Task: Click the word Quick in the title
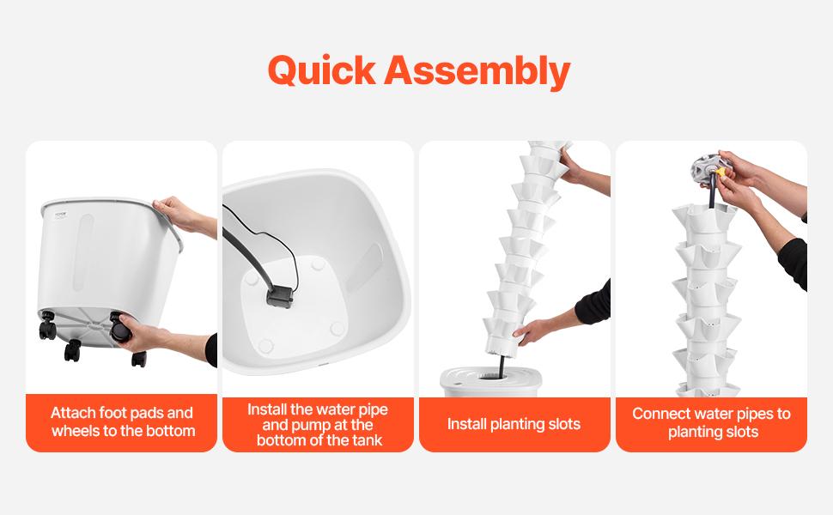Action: (x=322, y=70)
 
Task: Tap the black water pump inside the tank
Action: (x=280, y=297)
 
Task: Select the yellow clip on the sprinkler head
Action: (x=721, y=173)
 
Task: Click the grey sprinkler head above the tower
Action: (x=707, y=168)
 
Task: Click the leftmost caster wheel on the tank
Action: (x=47, y=326)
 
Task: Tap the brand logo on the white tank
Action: (x=61, y=215)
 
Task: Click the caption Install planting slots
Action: (x=514, y=424)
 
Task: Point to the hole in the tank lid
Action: (x=491, y=377)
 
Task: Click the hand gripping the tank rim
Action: (x=178, y=214)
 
